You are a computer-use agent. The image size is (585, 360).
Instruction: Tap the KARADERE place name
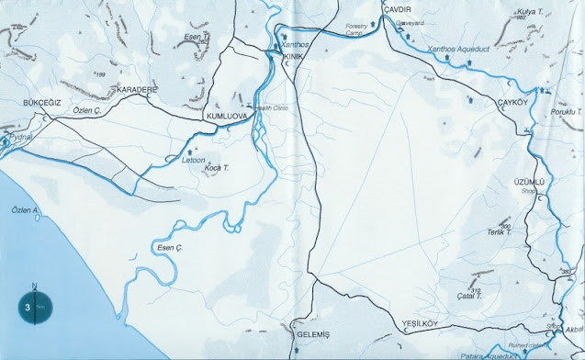pyautogui.click(x=138, y=89)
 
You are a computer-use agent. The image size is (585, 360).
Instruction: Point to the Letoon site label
pyautogui.click(x=193, y=159)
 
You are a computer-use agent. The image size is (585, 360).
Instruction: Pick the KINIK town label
pyautogui.click(x=294, y=57)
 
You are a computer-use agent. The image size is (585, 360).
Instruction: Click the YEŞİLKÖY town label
pyautogui.click(x=422, y=323)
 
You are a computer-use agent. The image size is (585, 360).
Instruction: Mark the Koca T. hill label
pyautogui.click(x=216, y=169)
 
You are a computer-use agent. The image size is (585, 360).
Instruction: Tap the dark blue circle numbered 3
pyautogui.click(x=32, y=307)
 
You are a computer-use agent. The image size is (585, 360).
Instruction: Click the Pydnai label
pyautogui.click(x=20, y=136)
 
